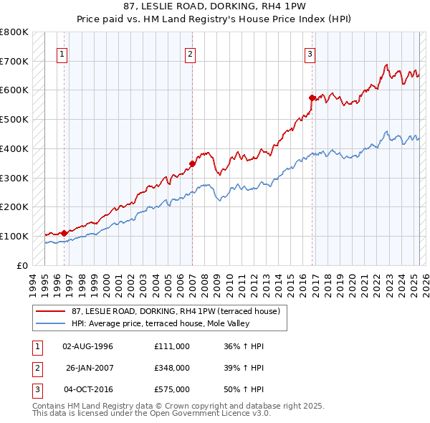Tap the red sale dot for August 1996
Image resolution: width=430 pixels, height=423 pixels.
point(64,232)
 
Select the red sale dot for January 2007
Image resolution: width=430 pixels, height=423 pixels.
point(193,163)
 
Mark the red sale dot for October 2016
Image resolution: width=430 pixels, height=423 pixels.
point(312,97)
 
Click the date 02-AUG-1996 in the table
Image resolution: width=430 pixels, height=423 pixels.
point(88,346)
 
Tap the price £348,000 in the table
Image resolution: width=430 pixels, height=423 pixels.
point(172,367)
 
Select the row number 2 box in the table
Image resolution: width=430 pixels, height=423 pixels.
point(35,367)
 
